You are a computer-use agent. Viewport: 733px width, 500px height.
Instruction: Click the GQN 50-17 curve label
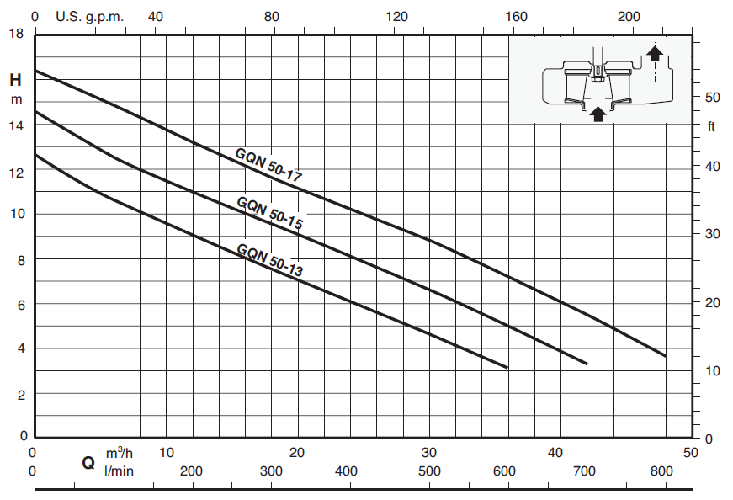[x=268, y=165]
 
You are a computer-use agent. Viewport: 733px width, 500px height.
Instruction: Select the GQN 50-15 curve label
[x=270, y=213]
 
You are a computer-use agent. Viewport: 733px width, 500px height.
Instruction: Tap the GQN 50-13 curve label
[x=270, y=260]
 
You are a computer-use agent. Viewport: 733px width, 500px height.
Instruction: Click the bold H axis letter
[x=15, y=80]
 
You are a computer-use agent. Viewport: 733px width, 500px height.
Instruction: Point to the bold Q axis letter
[x=88, y=463]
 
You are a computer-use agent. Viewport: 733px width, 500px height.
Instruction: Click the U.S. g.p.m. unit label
[x=90, y=17]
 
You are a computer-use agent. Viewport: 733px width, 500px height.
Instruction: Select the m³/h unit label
[x=120, y=453]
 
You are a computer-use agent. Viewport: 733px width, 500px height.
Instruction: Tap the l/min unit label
[x=119, y=471]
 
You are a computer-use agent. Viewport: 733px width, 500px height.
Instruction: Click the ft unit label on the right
[x=711, y=126]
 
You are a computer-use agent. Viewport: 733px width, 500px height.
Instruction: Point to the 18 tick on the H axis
[x=16, y=34]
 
